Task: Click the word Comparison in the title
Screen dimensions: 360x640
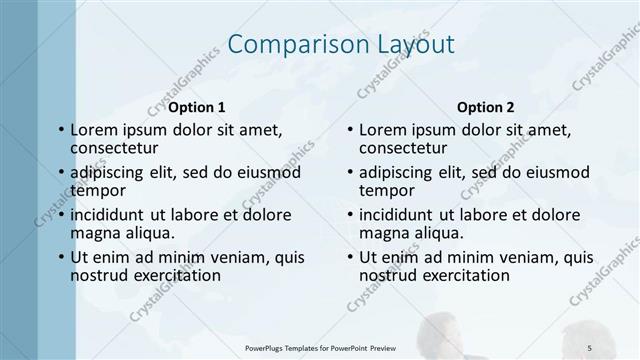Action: click(x=282, y=44)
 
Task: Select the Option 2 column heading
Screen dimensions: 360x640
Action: click(x=486, y=106)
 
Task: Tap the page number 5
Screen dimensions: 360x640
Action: click(x=589, y=346)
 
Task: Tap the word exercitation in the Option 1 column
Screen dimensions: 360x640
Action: click(x=173, y=275)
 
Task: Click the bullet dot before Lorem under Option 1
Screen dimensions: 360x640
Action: click(x=61, y=130)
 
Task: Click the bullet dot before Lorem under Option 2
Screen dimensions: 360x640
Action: click(x=351, y=130)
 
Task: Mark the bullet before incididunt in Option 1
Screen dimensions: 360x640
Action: click(x=61, y=215)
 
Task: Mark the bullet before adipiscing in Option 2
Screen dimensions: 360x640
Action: click(x=351, y=173)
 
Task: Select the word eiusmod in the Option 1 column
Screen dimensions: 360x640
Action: click(x=265, y=172)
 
